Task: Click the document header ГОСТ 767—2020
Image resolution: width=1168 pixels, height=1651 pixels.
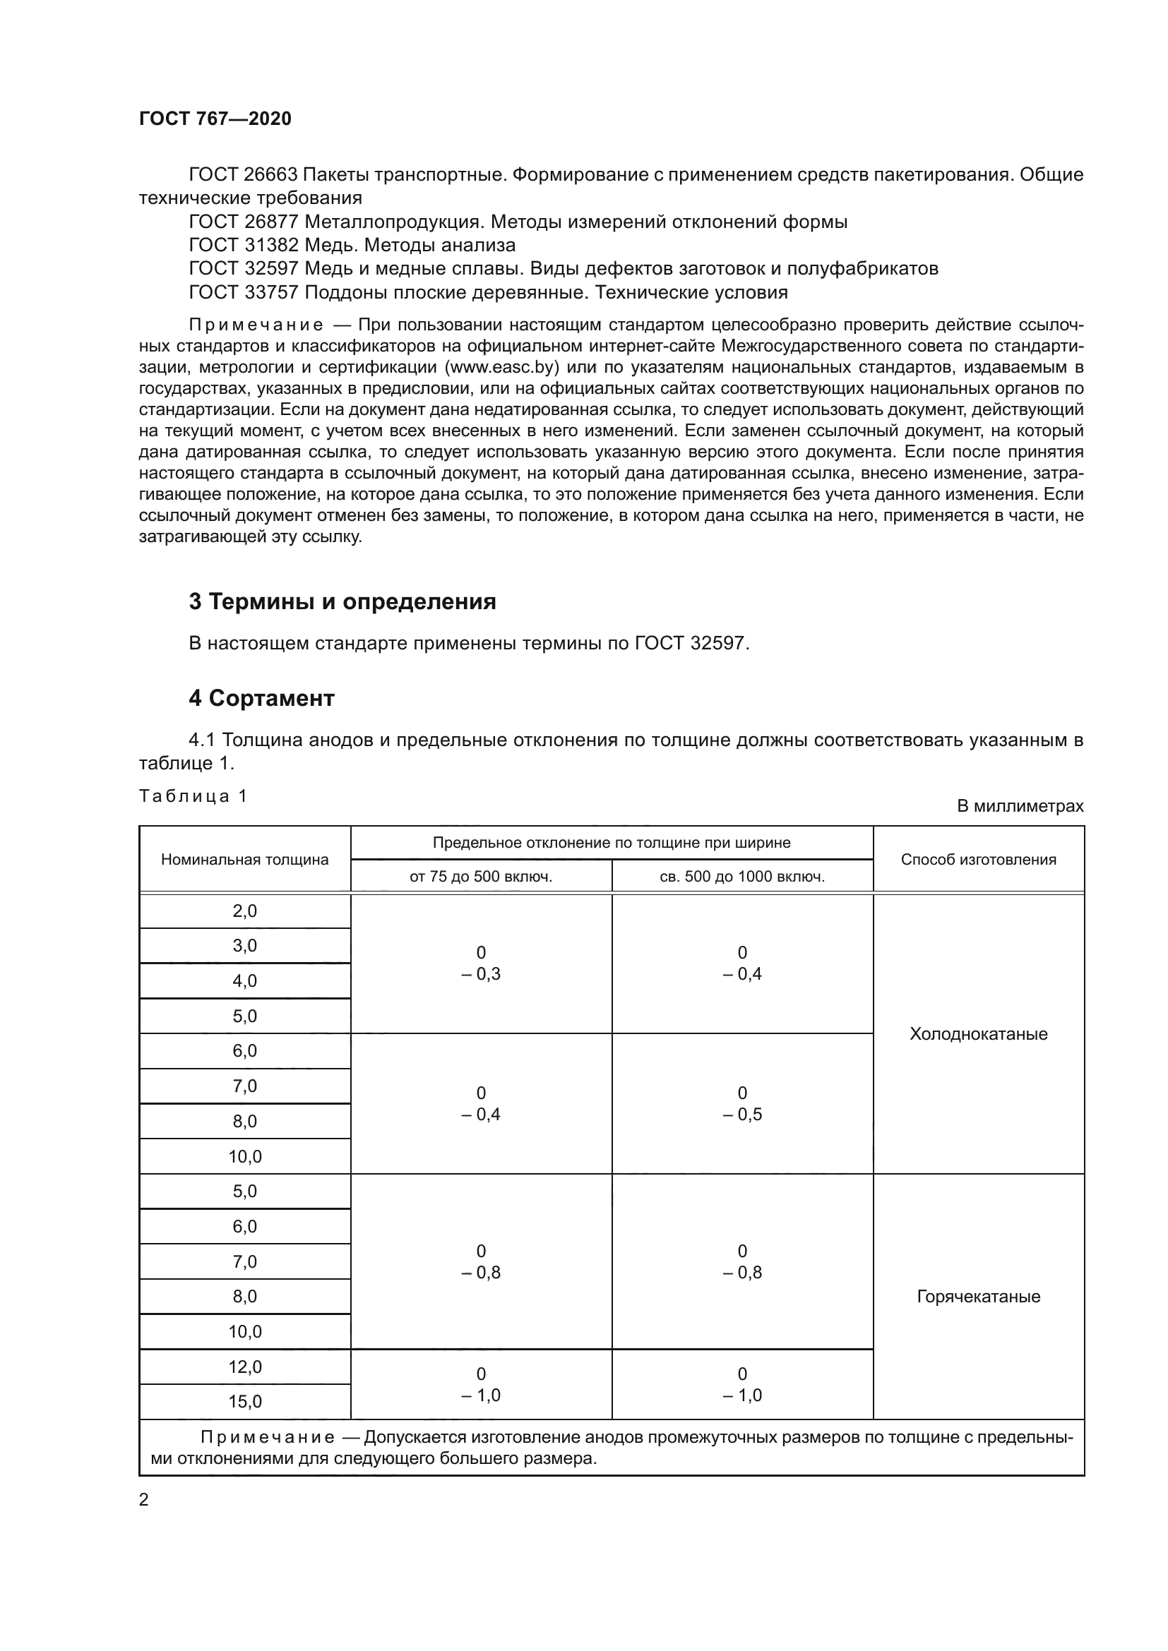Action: pyautogui.click(x=215, y=119)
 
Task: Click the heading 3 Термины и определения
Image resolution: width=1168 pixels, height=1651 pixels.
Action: pyautogui.click(x=342, y=601)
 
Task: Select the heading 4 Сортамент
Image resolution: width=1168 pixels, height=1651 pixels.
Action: pyautogui.click(x=262, y=697)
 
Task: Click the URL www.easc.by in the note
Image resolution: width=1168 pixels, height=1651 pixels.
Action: pyautogui.click(x=502, y=368)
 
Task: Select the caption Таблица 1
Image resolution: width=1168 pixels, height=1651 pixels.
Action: pyautogui.click(x=193, y=796)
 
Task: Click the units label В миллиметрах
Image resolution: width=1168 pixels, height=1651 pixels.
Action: pyautogui.click(x=1020, y=806)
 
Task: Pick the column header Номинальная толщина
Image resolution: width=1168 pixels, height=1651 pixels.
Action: pyautogui.click(x=244, y=859)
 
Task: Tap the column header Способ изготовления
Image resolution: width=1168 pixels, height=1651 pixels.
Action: pyautogui.click(x=978, y=859)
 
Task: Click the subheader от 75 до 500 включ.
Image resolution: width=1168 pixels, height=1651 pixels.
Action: pyautogui.click(x=480, y=877)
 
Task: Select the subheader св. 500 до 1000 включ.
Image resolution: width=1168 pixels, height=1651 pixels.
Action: pyautogui.click(x=741, y=877)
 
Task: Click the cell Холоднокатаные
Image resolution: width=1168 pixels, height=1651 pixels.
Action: pyautogui.click(x=978, y=1034)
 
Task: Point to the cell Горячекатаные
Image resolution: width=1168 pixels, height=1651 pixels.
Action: pyautogui.click(x=978, y=1297)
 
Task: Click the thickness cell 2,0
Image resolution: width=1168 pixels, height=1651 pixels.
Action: pyautogui.click(x=244, y=911)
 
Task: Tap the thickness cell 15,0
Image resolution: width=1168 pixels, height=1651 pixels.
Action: pyautogui.click(x=244, y=1402)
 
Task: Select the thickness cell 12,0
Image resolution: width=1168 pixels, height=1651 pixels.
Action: pyautogui.click(x=244, y=1367)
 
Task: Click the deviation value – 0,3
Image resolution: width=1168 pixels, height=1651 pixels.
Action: pyautogui.click(x=480, y=973)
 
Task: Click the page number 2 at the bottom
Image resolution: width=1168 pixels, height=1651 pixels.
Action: pyautogui.click(x=144, y=1500)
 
